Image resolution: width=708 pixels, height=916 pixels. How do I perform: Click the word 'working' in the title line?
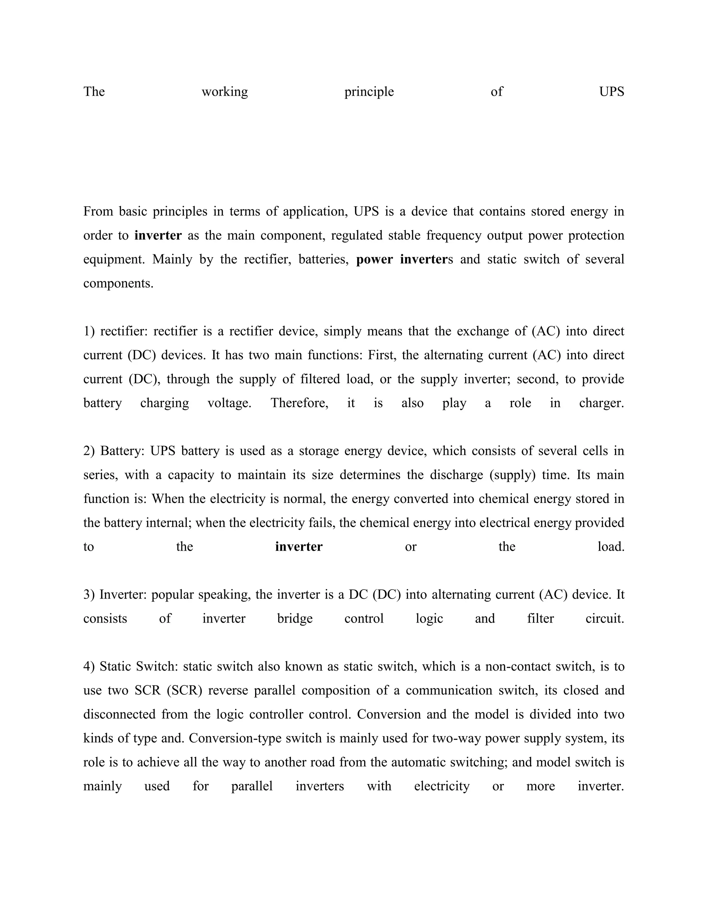pyautogui.click(x=224, y=92)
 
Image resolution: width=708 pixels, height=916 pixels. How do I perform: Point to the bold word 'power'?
pyautogui.click(x=374, y=259)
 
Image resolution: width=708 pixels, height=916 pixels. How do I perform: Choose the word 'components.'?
pyautogui.click(x=118, y=283)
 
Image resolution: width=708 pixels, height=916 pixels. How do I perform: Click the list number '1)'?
pyautogui.click(x=89, y=331)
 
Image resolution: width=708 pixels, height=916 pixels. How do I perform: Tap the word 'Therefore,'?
pyautogui.click(x=299, y=403)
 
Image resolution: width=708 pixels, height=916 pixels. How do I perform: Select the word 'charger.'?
pyautogui.click(x=602, y=403)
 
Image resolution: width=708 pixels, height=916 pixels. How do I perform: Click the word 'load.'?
pyautogui.click(x=611, y=546)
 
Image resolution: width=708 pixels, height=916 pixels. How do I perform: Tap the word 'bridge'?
pyautogui.click(x=295, y=619)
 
